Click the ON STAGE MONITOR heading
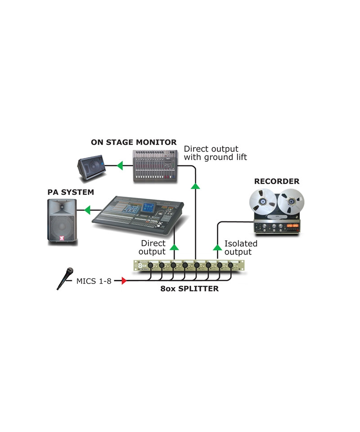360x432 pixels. pos(134,142)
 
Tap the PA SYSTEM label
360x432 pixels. pos(71,192)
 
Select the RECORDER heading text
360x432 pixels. pos(276,181)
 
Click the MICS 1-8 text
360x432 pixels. pos(93,281)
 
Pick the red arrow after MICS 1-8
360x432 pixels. pos(124,281)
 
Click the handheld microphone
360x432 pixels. pos(65,278)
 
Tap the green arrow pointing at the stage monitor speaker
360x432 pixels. pos(119,166)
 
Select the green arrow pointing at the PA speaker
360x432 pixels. pos(87,209)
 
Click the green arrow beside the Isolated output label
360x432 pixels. pos(218,246)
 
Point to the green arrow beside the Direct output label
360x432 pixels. pos(173,246)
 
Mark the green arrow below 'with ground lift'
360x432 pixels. pos(195,185)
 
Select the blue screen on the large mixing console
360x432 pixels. pos(148,207)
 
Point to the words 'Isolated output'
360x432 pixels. pos(241,247)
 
